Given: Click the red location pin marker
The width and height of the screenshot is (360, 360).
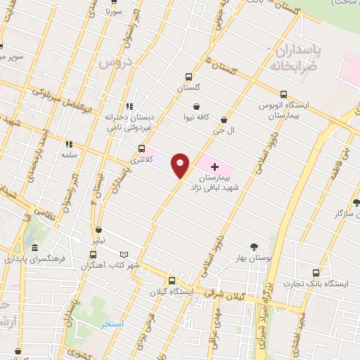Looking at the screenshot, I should point(181,165).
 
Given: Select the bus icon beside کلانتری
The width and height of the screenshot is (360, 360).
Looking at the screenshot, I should point(143,148).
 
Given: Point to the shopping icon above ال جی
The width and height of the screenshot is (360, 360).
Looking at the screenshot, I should point(224,120).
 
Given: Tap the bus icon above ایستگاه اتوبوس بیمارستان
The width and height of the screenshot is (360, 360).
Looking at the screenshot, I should point(283,94).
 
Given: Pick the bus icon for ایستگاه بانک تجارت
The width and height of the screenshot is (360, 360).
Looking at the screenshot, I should point(315,273).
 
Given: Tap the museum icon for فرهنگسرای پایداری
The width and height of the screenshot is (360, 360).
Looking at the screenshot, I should point(35,248).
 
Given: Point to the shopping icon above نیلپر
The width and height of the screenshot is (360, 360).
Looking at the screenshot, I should point(98,229).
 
